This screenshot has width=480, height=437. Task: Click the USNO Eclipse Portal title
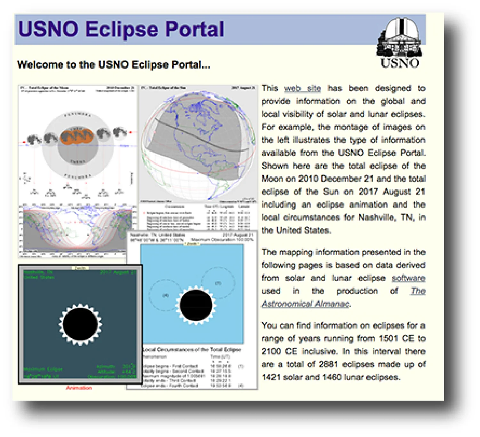click(121, 29)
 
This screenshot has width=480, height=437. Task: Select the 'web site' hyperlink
click(302, 89)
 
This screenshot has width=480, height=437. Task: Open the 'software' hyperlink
click(408, 278)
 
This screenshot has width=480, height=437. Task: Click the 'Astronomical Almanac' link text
click(305, 304)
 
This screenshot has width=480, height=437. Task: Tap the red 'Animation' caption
click(79, 388)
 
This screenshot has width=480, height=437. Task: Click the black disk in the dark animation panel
click(80, 324)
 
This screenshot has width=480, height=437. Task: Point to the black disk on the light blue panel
click(196, 305)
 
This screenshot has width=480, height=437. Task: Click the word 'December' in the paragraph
click(341, 179)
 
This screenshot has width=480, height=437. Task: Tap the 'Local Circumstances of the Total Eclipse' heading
click(192, 350)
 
